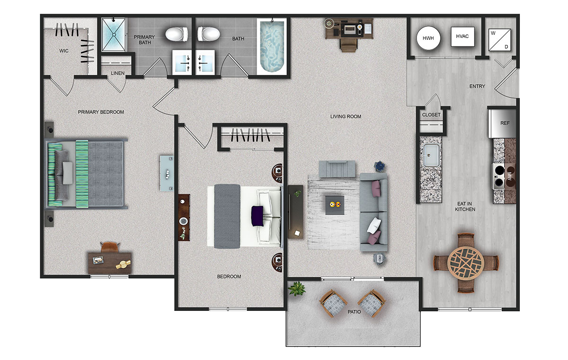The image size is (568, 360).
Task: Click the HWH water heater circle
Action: coord(428,38)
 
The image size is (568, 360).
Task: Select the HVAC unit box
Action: coord(462,36)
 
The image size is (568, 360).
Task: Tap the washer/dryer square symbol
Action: coord(499,40)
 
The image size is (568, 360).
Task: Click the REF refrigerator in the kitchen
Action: coord(502,123)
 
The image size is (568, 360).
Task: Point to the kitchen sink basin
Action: coord(431,155)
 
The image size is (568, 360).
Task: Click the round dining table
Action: coord(466,263)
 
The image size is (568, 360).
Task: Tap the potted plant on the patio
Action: coord(297,289)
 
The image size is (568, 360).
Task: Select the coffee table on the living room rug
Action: coord(335,205)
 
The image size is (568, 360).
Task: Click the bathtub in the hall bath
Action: coord(272,46)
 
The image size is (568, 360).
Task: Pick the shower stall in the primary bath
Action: coord(114,35)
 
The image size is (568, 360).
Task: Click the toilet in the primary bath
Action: coord(177,34)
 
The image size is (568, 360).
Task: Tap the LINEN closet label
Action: coord(118,73)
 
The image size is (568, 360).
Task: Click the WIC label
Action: coord(64,51)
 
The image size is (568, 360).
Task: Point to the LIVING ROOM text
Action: coord(346,116)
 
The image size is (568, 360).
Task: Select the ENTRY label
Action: coord(477,87)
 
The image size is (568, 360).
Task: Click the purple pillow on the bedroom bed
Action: coord(257,216)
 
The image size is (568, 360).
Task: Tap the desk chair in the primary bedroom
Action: coord(110,247)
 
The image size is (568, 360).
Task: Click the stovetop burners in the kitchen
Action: coord(499,176)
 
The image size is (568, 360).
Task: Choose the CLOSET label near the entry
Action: coord(431,115)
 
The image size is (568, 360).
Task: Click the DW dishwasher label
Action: coord(430,180)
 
